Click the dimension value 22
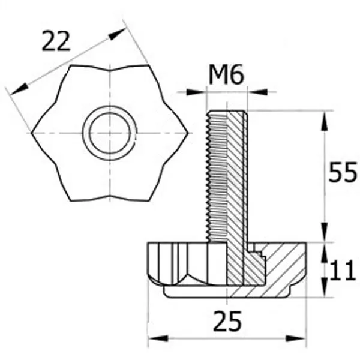point(56,41)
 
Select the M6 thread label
point(226,74)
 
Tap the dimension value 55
point(343,172)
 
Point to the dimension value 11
point(343,270)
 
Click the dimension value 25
point(227,322)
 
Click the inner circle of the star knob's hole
point(110,133)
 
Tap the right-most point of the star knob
point(188,133)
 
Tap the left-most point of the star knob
point(32,133)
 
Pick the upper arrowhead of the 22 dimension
point(117,34)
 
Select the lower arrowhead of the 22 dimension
point(19,89)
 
